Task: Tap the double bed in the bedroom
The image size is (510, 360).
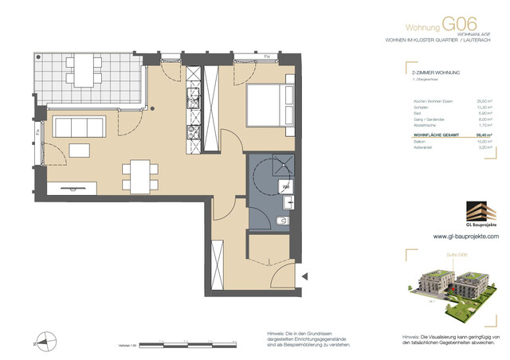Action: point(268,106)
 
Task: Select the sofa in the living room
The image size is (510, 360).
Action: point(73,127)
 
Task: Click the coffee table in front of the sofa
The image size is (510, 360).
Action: point(80,150)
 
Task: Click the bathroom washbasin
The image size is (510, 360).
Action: point(286,188)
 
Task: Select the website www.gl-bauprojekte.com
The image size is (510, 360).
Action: point(465,237)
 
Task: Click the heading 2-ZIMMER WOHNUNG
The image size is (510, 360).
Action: point(430,94)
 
